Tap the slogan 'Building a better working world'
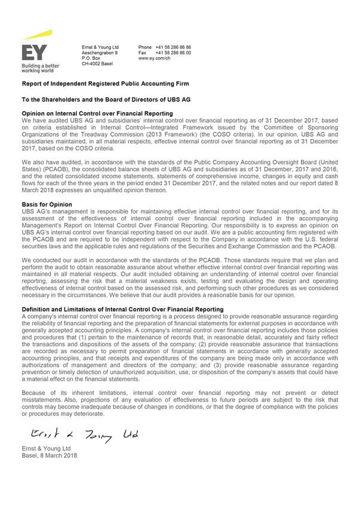pos(40,67)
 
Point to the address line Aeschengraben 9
pos(99,53)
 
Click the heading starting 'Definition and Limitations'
pos(122,309)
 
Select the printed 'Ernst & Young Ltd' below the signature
pos(46,448)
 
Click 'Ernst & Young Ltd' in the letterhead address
pos(100,47)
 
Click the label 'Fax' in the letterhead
pos(143,53)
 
